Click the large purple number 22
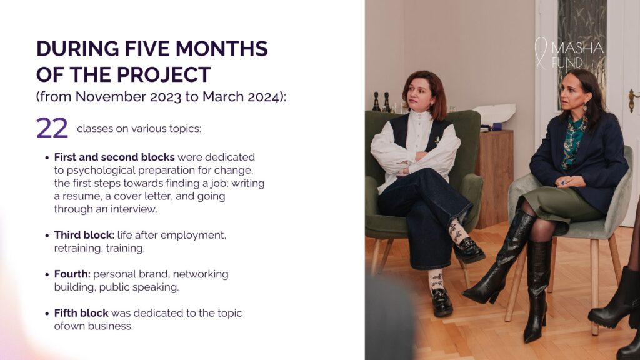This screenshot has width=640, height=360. [x=52, y=128]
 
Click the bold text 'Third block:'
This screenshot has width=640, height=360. [x=84, y=235]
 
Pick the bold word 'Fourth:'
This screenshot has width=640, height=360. [x=72, y=274]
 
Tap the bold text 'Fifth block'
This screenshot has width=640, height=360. [x=81, y=313]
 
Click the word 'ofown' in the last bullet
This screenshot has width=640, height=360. [x=67, y=326]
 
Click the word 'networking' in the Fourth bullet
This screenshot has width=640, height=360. [x=201, y=274]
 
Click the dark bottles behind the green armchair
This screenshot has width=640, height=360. [x=381, y=102]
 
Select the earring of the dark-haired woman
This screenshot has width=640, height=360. [x=585, y=106]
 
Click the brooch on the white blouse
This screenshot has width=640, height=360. [x=437, y=141]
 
